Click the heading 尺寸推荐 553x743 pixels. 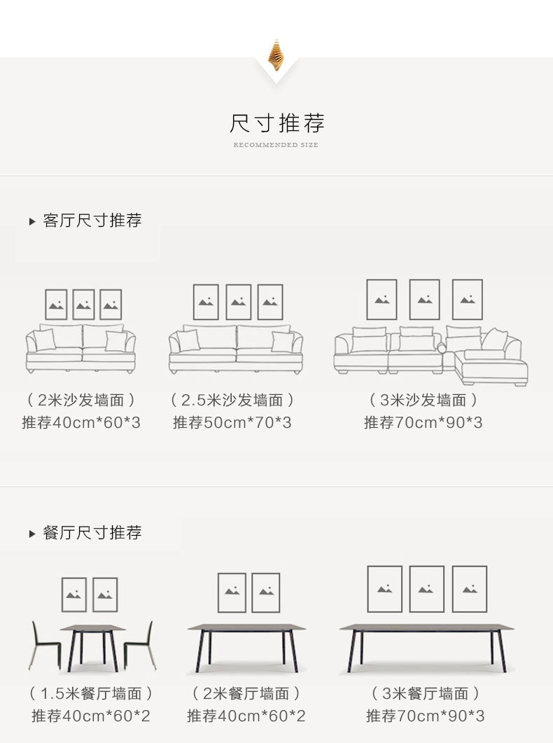pyautogui.click(x=276, y=123)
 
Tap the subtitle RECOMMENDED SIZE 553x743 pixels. pyautogui.click(x=276, y=145)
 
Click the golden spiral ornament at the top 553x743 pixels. pyautogui.click(x=276, y=55)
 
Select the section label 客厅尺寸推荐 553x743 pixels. pyautogui.click(x=92, y=221)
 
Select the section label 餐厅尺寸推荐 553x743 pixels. pyautogui.click(x=92, y=533)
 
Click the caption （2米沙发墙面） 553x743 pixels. pyautogui.click(x=81, y=401)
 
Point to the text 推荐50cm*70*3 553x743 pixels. pyautogui.click(x=232, y=423)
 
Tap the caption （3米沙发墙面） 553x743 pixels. pyautogui.click(x=423, y=401)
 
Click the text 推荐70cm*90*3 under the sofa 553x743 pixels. pyautogui.click(x=423, y=423)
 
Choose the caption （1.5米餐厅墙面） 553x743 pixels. pyautogui.click(x=91, y=694)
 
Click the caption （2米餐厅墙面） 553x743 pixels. pyautogui.click(x=246, y=694)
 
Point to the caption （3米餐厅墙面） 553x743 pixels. pyautogui.click(x=426, y=694)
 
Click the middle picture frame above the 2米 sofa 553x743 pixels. pyautogui.click(x=83, y=305)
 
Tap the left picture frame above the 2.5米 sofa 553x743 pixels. pyautogui.click(x=206, y=302)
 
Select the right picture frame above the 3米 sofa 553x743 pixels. pyautogui.click(x=467, y=300)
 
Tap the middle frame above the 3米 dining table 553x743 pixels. pyautogui.click(x=426, y=589)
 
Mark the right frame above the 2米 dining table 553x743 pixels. pyautogui.click(x=266, y=592)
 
